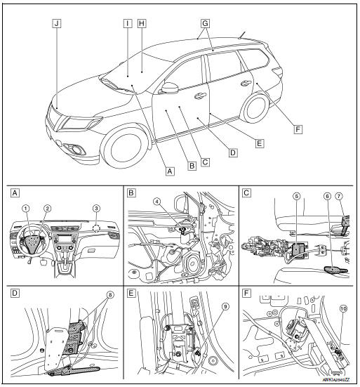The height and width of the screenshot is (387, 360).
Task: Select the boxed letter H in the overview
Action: [x=142, y=22]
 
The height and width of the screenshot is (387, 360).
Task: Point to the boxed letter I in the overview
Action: [x=127, y=22]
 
